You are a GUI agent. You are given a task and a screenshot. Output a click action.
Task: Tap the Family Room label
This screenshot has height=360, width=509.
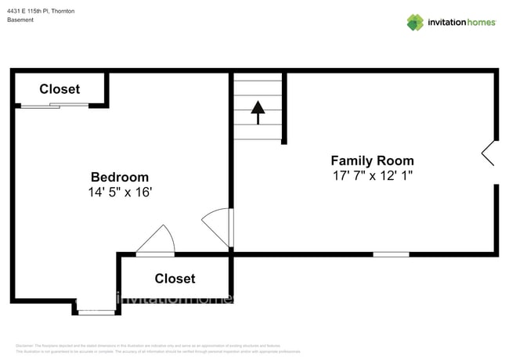pos(372,160)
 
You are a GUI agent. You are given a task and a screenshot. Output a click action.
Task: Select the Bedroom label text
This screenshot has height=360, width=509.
pos(119,177)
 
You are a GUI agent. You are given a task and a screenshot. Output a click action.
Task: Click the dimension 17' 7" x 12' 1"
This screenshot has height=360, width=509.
pos(372,176)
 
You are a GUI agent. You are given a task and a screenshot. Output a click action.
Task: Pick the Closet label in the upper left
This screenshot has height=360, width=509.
pos(60,88)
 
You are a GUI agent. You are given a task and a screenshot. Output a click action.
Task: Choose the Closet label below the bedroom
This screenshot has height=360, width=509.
pos(175,278)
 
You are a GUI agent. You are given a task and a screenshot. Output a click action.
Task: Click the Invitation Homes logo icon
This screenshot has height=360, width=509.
pos(415,22)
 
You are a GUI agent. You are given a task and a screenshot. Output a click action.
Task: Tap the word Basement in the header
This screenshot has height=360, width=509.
pos(20,20)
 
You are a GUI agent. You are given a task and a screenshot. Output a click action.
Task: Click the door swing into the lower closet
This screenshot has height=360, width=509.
pos(157,240)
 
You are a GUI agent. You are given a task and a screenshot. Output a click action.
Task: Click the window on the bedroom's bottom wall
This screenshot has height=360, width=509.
pos(96,311)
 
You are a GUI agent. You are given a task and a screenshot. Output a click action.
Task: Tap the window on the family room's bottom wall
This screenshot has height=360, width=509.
pos(390,254)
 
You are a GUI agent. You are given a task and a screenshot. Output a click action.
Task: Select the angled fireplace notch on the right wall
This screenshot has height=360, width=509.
pos(488,153)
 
